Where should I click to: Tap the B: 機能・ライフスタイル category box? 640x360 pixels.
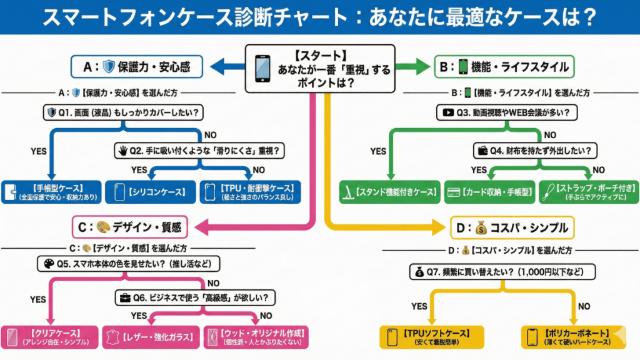coord(505,66)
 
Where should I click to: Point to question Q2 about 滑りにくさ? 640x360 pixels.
coord(199,151)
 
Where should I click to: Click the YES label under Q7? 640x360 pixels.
coord(420,306)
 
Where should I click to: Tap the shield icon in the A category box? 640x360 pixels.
coord(109,66)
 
